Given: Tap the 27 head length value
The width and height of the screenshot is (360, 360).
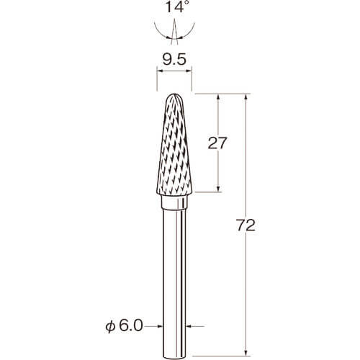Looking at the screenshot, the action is (x=217, y=143).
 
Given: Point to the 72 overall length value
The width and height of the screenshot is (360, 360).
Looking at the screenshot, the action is (x=246, y=225).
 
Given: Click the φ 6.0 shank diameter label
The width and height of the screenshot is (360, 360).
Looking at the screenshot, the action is (x=124, y=326).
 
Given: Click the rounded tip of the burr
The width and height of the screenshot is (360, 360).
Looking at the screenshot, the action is (x=174, y=94).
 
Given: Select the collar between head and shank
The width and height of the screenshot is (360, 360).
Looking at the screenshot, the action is (x=174, y=202).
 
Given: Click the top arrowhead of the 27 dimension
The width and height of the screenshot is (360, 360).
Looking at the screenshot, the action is (x=218, y=96).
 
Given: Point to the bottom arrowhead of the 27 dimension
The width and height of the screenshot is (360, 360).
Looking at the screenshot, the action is (x=218, y=189).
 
